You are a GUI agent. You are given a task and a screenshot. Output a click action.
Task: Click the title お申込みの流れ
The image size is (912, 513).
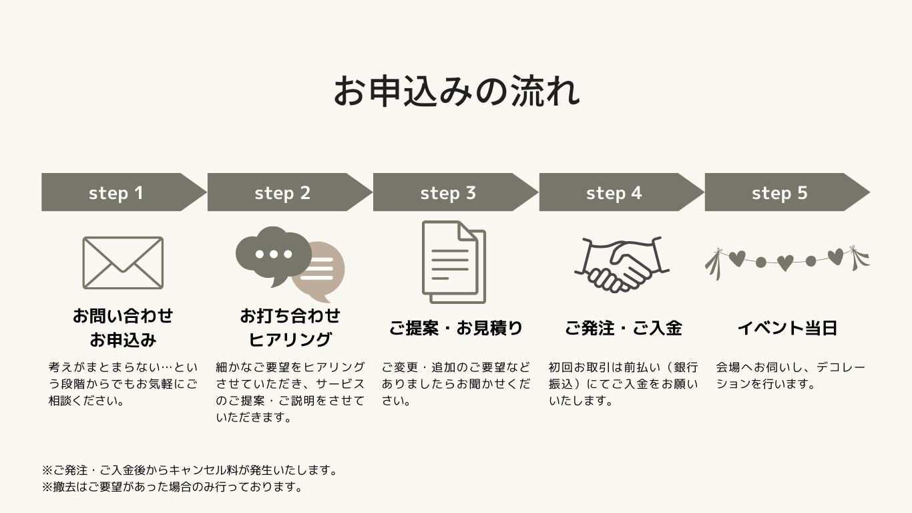pyautogui.click(x=456, y=92)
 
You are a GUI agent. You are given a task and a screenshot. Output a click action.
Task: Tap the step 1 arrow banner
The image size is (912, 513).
pyautogui.click(x=117, y=192)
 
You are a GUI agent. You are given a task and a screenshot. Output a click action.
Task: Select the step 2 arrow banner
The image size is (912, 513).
pyautogui.click(x=283, y=192)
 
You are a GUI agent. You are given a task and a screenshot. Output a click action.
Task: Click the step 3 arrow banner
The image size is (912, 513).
pyautogui.click(x=449, y=192)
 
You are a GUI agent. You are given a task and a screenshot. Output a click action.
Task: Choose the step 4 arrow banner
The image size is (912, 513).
pyautogui.click(x=614, y=192)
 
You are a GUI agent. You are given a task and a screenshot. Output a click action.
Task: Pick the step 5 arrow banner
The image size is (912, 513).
pyautogui.click(x=780, y=192)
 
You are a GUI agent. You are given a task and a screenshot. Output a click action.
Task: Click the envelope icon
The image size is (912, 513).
pyautogui.click(x=123, y=263)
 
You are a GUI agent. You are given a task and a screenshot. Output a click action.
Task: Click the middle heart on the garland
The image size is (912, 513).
pyautogui.click(x=785, y=263)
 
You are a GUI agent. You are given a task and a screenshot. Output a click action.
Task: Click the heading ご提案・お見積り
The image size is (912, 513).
pyautogui.click(x=456, y=328)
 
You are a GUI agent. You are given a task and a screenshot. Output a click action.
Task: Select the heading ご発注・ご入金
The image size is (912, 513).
pyautogui.click(x=623, y=328)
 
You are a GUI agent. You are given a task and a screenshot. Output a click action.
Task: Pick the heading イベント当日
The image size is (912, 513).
pyautogui.click(x=787, y=328)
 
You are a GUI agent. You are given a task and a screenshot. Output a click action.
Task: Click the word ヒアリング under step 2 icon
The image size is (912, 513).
pyautogui.click(x=290, y=339)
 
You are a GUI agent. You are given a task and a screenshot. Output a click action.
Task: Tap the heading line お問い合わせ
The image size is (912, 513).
pyautogui.click(x=123, y=315)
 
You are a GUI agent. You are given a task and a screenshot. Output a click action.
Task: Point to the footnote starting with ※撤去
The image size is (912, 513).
pyautogui.click(x=173, y=487)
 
